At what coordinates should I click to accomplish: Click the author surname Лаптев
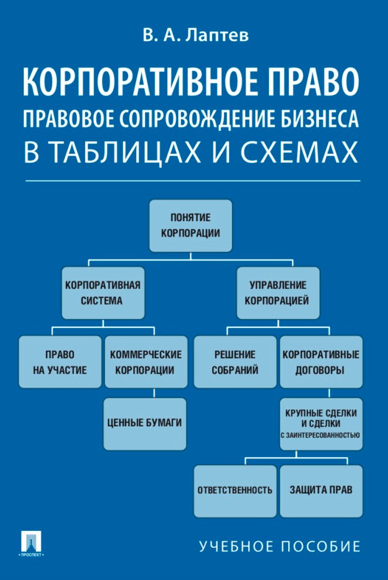217,35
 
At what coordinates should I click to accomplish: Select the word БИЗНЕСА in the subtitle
320,119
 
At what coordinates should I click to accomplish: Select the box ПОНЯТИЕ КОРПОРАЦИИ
191,226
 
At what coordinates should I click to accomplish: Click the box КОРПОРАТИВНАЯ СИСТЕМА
103,293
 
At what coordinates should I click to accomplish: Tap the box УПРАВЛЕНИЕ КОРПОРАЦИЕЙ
278,293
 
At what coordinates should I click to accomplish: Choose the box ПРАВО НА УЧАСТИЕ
60,362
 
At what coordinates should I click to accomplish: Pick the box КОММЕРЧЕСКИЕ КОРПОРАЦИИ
146,362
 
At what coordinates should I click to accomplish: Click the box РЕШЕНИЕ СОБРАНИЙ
235,362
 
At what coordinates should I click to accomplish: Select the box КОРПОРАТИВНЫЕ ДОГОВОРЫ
321,362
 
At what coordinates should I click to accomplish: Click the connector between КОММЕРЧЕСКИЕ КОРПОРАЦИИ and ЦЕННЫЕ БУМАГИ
154,393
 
